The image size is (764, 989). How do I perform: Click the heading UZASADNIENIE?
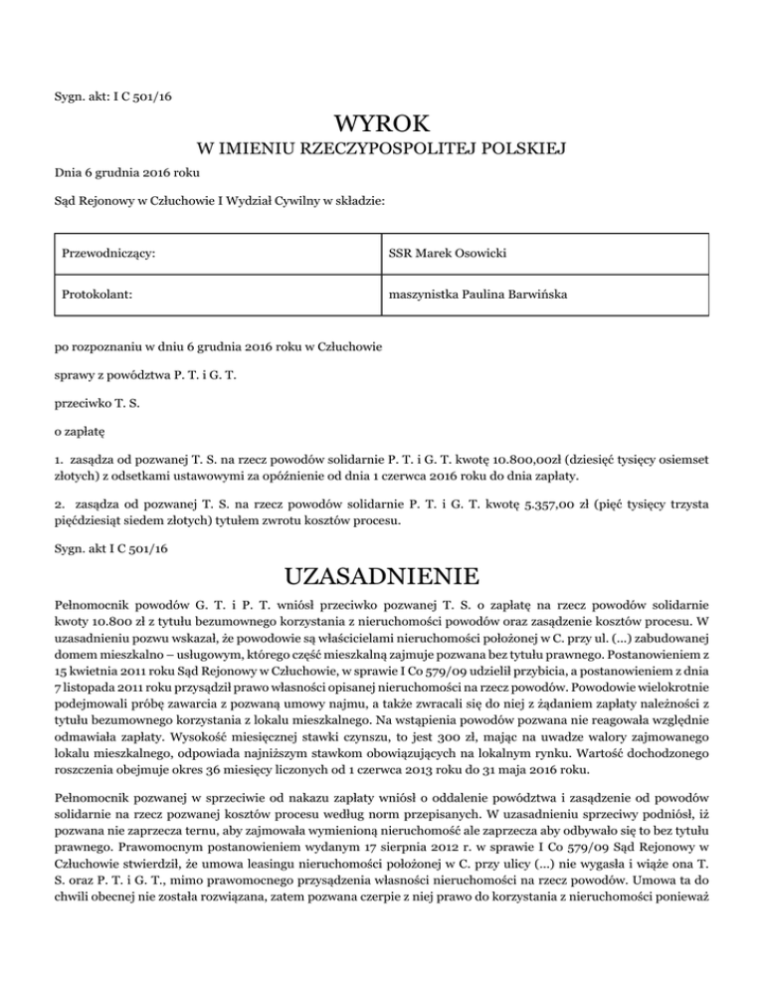tap(382, 576)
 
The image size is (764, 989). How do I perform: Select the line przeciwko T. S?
tap(96, 434)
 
